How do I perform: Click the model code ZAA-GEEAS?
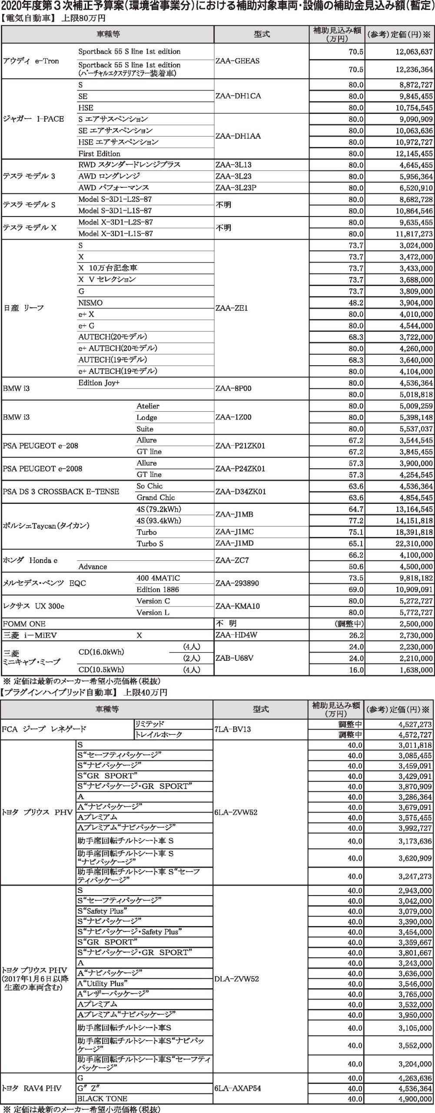pyautogui.click(x=237, y=61)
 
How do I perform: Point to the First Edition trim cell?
pyautogui.click(x=100, y=153)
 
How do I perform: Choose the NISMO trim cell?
pyautogui.click(x=90, y=303)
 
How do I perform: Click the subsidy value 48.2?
pyautogui.click(x=356, y=303)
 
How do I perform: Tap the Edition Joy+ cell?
pyautogui.click(x=99, y=383)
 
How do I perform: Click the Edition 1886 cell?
pyautogui.click(x=157, y=590)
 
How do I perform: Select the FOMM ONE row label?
pyautogui.click(x=24, y=623)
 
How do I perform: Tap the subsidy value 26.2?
pyautogui.click(x=356, y=635)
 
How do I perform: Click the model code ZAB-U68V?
pyautogui.click(x=235, y=658)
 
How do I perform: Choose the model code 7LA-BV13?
pyautogui.click(x=232, y=729)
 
